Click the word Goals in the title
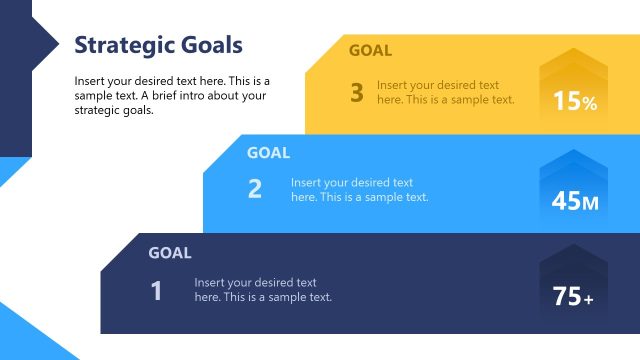click(x=206, y=45)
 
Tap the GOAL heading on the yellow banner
click(x=370, y=50)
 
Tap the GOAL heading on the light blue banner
click(x=268, y=153)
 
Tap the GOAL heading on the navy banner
click(x=170, y=253)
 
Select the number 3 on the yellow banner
click(x=357, y=93)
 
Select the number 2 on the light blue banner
click(x=255, y=189)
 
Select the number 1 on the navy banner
click(x=156, y=290)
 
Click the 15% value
click(x=575, y=101)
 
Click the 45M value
click(x=575, y=201)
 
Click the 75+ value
click(x=574, y=297)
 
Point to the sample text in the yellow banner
click(x=445, y=93)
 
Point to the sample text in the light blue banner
click(x=359, y=190)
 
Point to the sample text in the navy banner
click(x=263, y=290)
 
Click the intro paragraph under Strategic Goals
click(x=171, y=96)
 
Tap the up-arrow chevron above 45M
click(x=574, y=166)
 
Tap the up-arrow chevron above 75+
click(x=574, y=262)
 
